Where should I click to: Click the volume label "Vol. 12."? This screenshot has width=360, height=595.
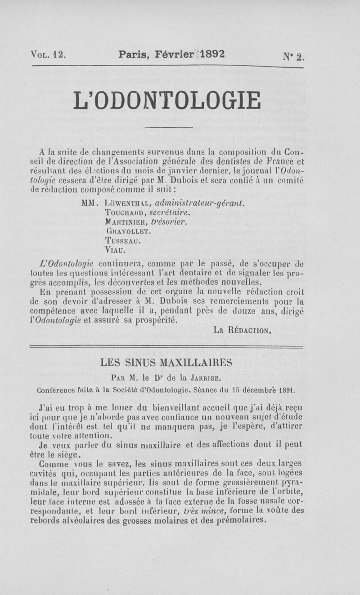pos(49,55)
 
